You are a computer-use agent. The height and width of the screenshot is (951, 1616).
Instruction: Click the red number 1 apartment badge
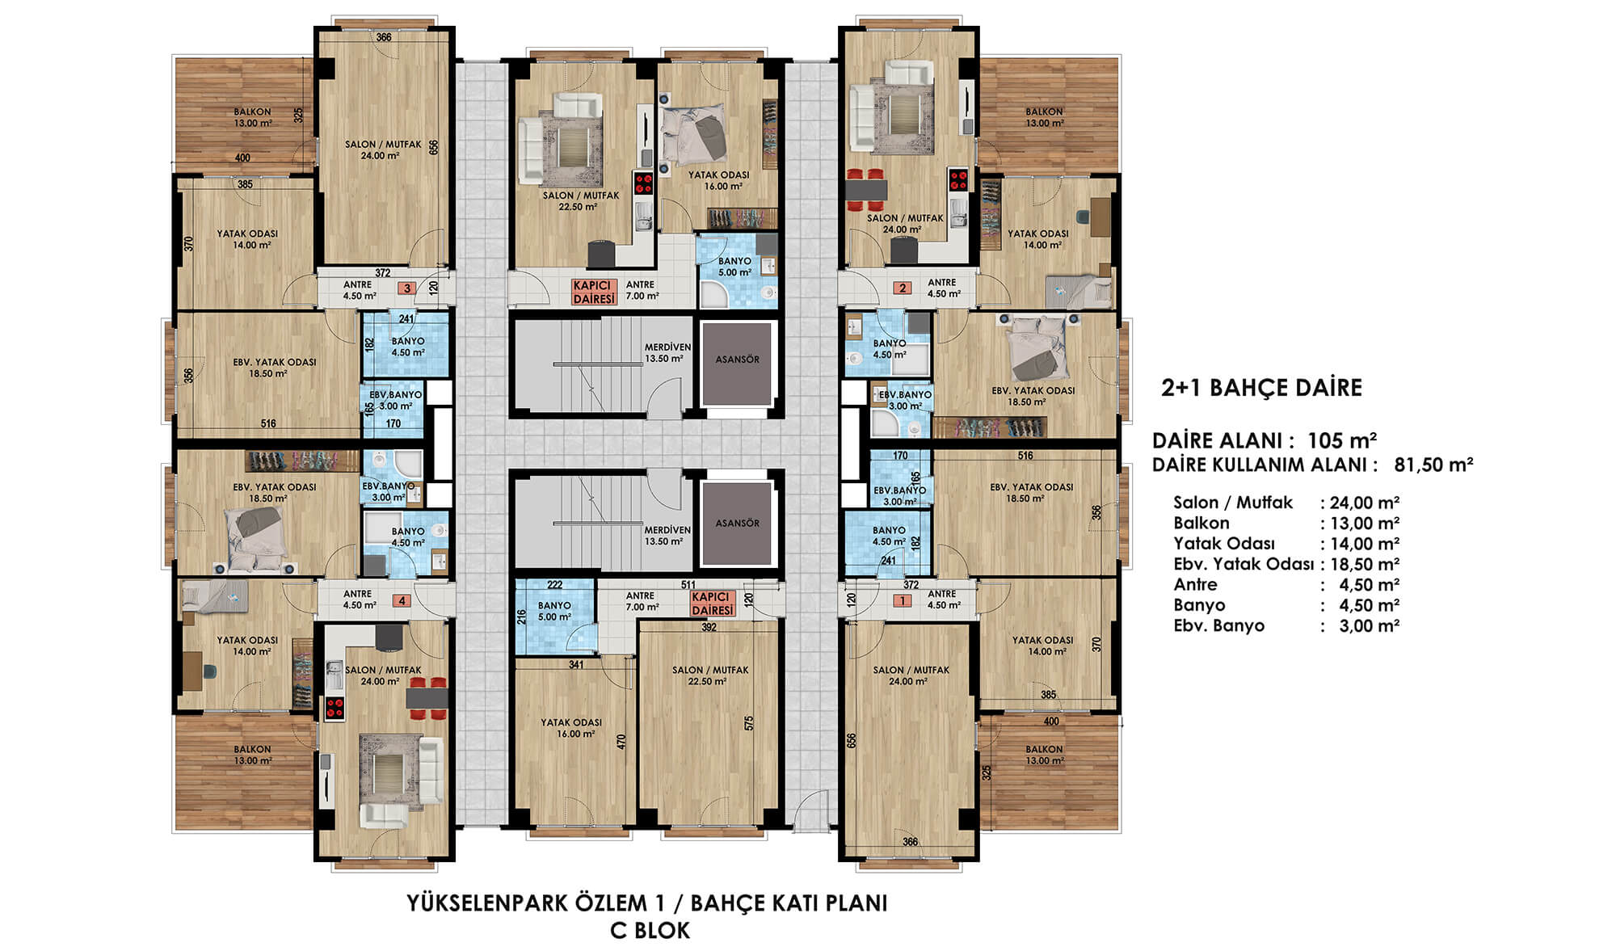coord(903,601)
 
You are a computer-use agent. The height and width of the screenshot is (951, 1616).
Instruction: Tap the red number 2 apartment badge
coord(903,288)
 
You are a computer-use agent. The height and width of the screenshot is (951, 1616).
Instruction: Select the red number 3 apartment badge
coord(407,288)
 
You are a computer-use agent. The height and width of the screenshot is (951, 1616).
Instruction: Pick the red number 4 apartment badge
coord(402,601)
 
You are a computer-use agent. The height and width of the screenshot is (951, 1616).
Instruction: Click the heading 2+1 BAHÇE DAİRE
coord(1261,388)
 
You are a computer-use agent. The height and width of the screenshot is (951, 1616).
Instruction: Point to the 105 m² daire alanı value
coord(1342,440)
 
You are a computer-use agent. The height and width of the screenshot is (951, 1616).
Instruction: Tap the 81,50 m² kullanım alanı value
coord(1433,465)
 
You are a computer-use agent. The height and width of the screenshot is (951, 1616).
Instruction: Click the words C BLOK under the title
coord(650,931)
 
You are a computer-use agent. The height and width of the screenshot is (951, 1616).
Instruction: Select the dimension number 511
coord(688,585)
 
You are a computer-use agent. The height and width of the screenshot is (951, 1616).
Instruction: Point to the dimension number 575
coord(749,723)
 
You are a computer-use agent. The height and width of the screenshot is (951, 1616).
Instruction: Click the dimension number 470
coord(621,742)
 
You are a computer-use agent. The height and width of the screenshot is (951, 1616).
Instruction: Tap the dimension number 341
coord(576,665)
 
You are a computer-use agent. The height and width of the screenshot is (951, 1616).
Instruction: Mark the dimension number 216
coord(522,616)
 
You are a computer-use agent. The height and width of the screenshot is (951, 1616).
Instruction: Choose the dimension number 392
coord(709,627)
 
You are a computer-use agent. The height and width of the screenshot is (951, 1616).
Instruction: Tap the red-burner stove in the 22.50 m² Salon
coord(643,183)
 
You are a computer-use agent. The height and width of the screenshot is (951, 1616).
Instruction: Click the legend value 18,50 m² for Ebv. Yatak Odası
coord(1365,565)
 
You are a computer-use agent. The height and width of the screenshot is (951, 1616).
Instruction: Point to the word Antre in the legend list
coord(1195,584)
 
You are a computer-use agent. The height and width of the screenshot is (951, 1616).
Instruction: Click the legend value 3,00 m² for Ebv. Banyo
coord(1369,625)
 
